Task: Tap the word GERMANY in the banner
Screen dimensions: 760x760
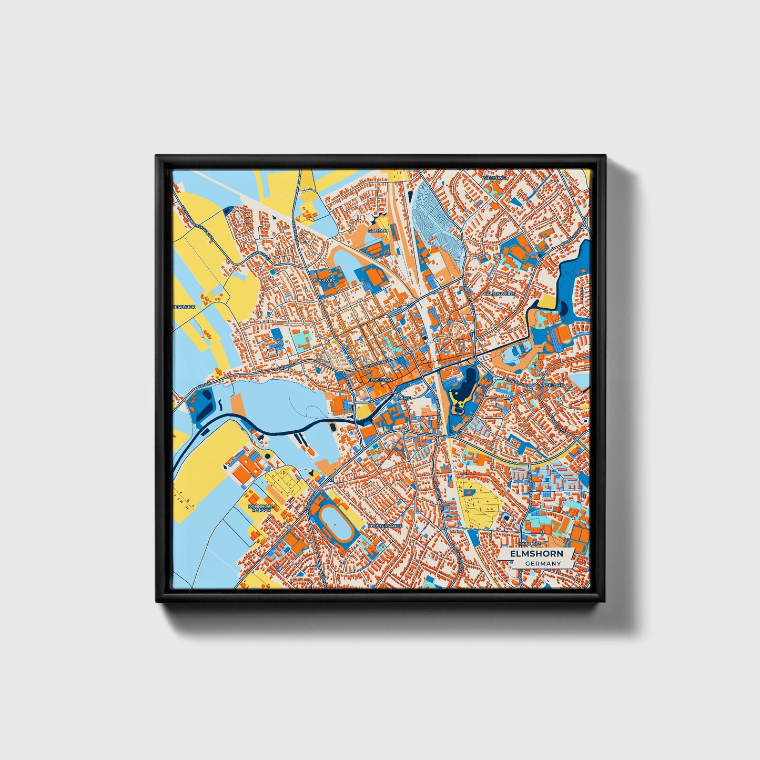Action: pyautogui.click(x=542, y=564)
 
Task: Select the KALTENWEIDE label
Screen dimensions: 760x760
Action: pyautogui.click(x=499, y=293)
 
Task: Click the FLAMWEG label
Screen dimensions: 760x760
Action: pyautogui.click(x=323, y=281)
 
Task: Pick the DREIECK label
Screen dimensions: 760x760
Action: pyautogui.click(x=377, y=230)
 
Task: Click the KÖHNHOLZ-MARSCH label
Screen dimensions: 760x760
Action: pyautogui.click(x=261, y=508)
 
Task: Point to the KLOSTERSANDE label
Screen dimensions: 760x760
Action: pyautogui.click(x=385, y=525)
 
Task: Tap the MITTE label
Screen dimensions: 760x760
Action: pyautogui.click(x=404, y=399)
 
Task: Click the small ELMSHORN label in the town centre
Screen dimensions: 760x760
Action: pyautogui.click(x=380, y=379)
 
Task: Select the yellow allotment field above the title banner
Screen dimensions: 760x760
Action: pyautogui.click(x=478, y=503)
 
